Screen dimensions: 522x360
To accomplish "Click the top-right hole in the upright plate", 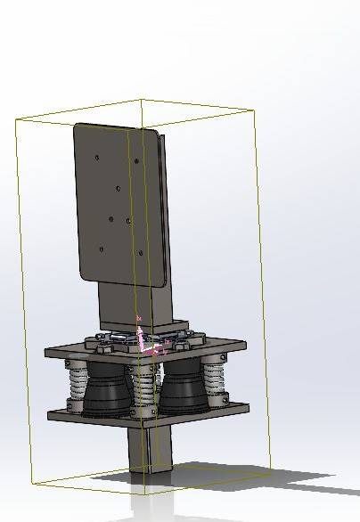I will tap(135, 161).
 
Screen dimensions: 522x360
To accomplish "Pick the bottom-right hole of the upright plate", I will tap(141, 253).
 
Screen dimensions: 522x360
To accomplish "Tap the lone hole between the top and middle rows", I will tap(118, 189).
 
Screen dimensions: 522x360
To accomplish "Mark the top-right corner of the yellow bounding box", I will tap(255, 110).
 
